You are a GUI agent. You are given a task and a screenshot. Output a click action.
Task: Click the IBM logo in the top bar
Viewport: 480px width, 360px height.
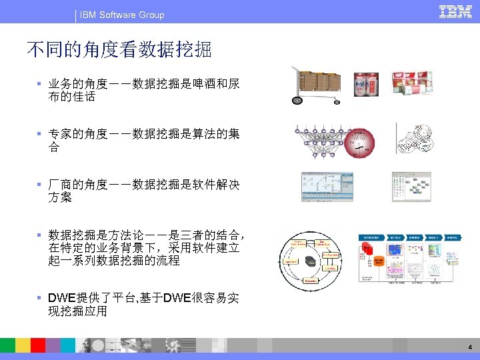point(455,12)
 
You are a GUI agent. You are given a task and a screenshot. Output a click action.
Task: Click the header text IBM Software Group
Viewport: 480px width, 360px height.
point(122,15)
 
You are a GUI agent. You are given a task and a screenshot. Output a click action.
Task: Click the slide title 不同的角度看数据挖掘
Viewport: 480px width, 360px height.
point(119,49)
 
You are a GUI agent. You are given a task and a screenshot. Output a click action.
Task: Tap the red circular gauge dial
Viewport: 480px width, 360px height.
point(359,143)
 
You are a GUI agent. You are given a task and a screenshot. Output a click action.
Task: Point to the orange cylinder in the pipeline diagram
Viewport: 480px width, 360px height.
point(379,262)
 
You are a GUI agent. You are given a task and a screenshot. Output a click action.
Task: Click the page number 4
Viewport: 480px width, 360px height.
point(470,347)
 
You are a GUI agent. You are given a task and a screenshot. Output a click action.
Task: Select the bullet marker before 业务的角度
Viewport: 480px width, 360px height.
point(41,85)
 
